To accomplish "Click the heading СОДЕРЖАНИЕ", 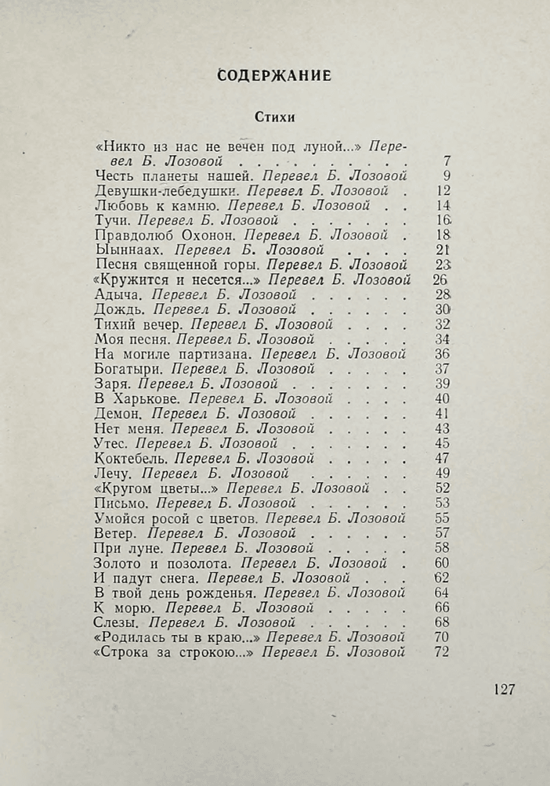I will point(274,76).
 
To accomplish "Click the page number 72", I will point(440,652).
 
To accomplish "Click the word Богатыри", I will point(128,369).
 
